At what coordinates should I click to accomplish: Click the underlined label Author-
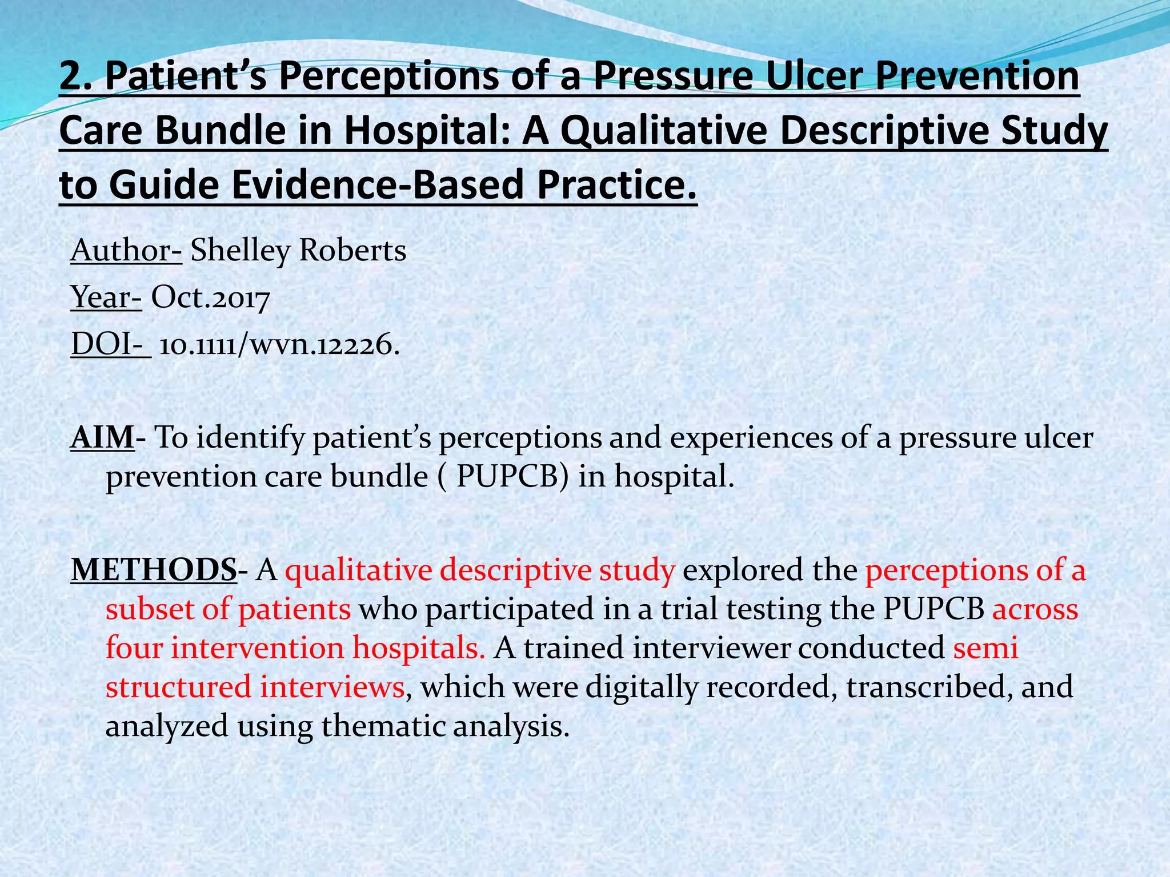point(126,251)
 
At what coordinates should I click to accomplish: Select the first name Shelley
point(240,251)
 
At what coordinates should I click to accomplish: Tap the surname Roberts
point(352,251)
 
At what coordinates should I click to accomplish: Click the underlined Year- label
point(106,297)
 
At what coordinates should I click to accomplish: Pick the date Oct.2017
point(210,297)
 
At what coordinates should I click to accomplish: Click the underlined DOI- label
point(110,344)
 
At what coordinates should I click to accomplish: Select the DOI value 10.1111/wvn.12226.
point(279,345)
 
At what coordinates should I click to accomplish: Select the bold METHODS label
point(153,570)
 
